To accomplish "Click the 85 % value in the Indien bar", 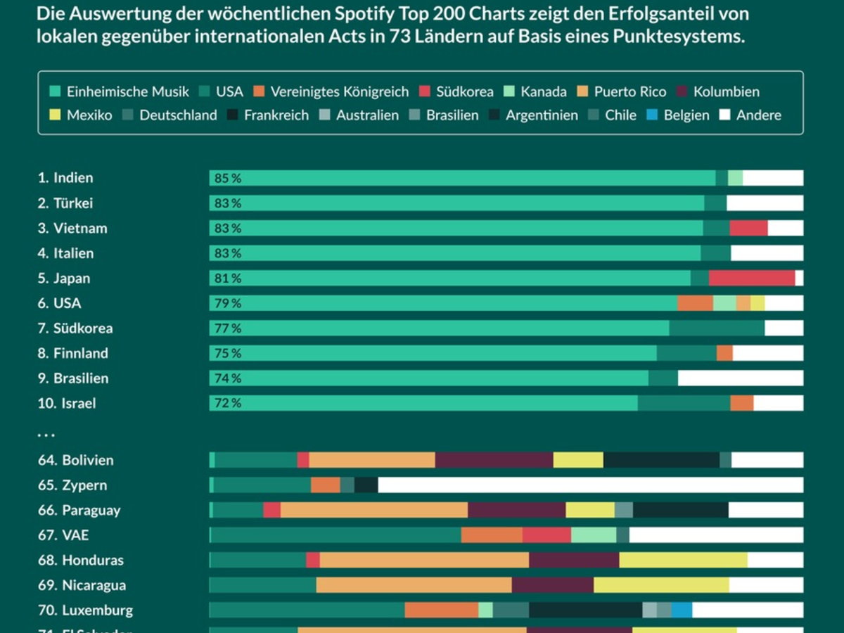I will pyautogui.click(x=227, y=179).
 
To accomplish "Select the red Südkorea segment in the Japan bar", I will pyautogui.click(x=751, y=279).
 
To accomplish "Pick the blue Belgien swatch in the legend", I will pyautogui.click(x=652, y=115).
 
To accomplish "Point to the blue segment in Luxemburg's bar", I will pyautogui.click(x=682, y=610).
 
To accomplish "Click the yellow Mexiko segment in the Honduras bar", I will pyautogui.click(x=683, y=561).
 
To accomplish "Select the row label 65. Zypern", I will pyautogui.click(x=72, y=485).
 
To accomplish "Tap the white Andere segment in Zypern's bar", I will pyautogui.click(x=590, y=485).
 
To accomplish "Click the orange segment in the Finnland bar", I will pyautogui.click(x=724, y=353).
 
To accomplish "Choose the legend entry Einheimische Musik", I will pyautogui.click(x=120, y=91).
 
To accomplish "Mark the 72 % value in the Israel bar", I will pyautogui.click(x=227, y=404).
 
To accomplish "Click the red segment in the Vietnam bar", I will pyautogui.click(x=748, y=229).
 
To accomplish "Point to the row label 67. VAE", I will pyautogui.click(x=63, y=535).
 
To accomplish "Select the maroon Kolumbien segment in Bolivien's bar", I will pyautogui.click(x=494, y=461).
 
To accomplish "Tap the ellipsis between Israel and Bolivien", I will pyautogui.click(x=46, y=434).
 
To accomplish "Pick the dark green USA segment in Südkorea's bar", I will pyautogui.click(x=717, y=328).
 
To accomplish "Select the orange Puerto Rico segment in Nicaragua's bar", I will pyautogui.click(x=414, y=585).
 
